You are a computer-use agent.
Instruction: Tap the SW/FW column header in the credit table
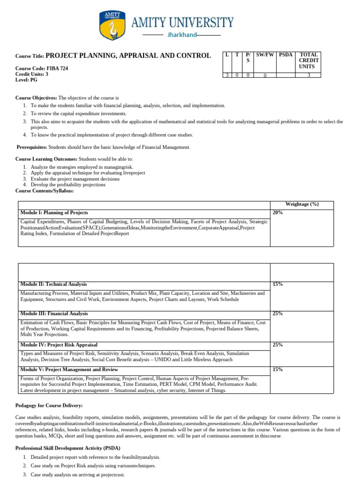[x=265, y=55]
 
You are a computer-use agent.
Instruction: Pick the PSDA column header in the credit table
[x=285, y=55]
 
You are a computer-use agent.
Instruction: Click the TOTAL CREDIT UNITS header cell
[x=308, y=60]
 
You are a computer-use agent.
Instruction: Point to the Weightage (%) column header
[x=301, y=204]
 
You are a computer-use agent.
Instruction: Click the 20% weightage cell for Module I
[x=277, y=213]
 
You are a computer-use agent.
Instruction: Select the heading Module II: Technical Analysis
[x=53, y=284]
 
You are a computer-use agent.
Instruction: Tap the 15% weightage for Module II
[x=277, y=285]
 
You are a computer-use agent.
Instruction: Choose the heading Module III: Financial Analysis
[x=54, y=314]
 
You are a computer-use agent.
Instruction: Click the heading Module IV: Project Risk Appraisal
[x=59, y=345]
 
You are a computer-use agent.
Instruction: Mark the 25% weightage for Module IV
[x=277, y=345]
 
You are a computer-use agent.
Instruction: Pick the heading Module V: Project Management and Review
[x=69, y=369]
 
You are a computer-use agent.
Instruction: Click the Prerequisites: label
[x=32, y=147]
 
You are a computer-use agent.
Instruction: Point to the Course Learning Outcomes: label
[x=46, y=159]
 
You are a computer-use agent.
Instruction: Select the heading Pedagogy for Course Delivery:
[x=49, y=405]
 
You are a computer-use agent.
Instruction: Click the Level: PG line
[x=26, y=80]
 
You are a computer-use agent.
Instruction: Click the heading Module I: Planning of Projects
[x=54, y=213]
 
